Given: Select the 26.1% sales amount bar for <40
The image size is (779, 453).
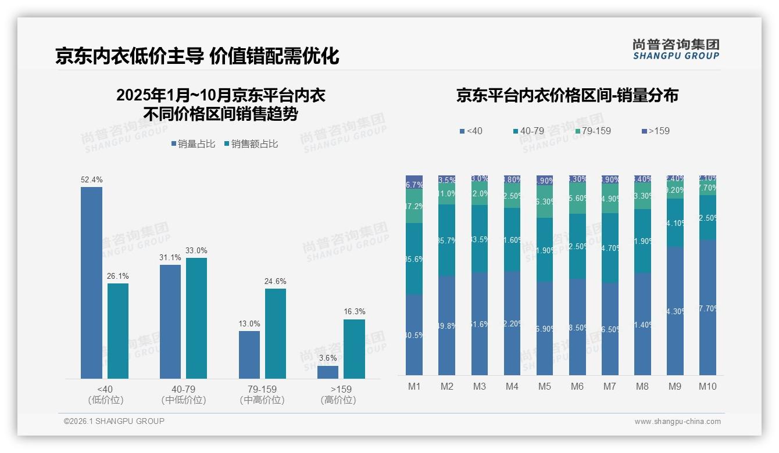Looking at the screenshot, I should click(x=118, y=330).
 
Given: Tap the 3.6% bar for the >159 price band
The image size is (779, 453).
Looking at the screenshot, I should click(x=328, y=372).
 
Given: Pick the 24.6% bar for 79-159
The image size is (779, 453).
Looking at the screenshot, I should click(x=276, y=333).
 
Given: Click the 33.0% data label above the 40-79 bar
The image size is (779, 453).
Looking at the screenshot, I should click(x=196, y=251).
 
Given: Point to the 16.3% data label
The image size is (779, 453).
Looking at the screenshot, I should click(x=354, y=312).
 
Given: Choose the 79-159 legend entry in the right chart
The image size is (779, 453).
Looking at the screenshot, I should click(x=592, y=131).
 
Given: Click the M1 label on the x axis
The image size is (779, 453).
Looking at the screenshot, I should click(x=414, y=387).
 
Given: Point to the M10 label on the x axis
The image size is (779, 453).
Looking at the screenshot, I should click(x=707, y=387).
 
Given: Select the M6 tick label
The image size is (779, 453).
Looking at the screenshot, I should click(x=577, y=387).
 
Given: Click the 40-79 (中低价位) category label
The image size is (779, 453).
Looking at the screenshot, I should click(x=184, y=394).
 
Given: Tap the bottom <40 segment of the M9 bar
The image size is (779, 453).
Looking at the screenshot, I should click(x=675, y=311).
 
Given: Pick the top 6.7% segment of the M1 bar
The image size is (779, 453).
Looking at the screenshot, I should click(x=414, y=182).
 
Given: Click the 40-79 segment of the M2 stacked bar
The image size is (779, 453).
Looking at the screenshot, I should click(x=446, y=240).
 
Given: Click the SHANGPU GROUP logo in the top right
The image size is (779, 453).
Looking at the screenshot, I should click(x=676, y=49).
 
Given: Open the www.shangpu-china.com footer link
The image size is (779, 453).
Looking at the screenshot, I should click(x=677, y=422).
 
